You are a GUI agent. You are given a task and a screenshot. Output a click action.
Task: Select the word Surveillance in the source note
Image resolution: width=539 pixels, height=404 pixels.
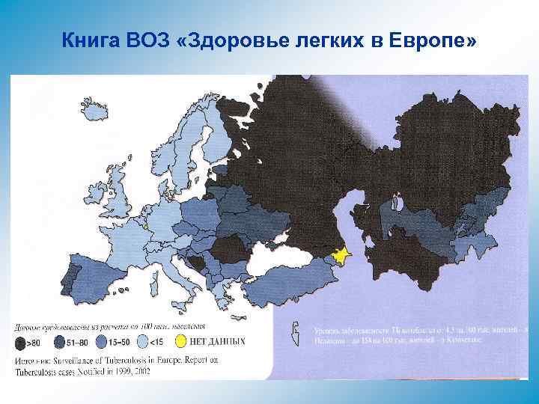pyautogui.click(x=86, y=360)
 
